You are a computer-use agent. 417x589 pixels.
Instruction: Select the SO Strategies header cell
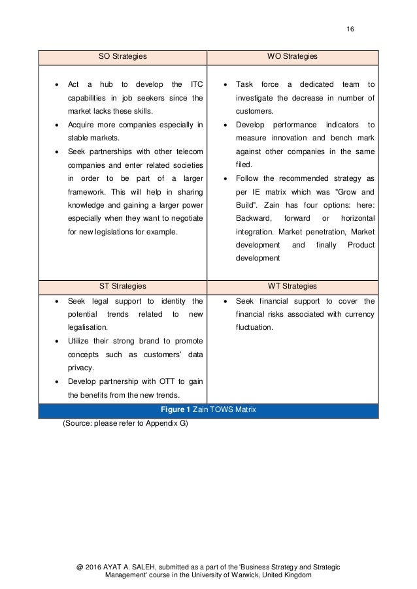point(122,57)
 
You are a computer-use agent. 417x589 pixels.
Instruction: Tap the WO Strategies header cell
point(292,57)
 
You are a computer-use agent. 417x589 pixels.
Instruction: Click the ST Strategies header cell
point(122,286)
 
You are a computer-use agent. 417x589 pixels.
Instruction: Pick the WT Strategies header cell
point(292,286)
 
